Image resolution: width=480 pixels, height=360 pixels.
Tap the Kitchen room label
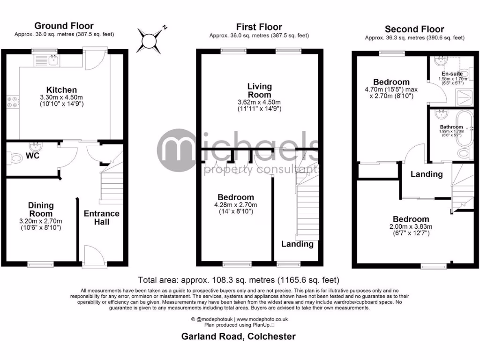coord(61,90)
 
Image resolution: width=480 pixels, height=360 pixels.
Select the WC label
coord(32,155)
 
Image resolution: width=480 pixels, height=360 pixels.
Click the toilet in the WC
coord(16,159)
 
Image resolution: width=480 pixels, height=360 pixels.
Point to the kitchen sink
coord(54,59)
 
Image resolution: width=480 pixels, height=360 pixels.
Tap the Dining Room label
coord(41,210)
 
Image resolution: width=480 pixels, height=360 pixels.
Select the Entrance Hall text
coord(101,217)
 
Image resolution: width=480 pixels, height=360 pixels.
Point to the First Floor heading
coord(259,27)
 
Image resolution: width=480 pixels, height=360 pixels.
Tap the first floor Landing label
coord(297,244)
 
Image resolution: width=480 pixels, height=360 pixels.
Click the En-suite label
coord(452,74)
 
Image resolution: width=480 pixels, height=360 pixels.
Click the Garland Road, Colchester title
coord(239,336)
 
